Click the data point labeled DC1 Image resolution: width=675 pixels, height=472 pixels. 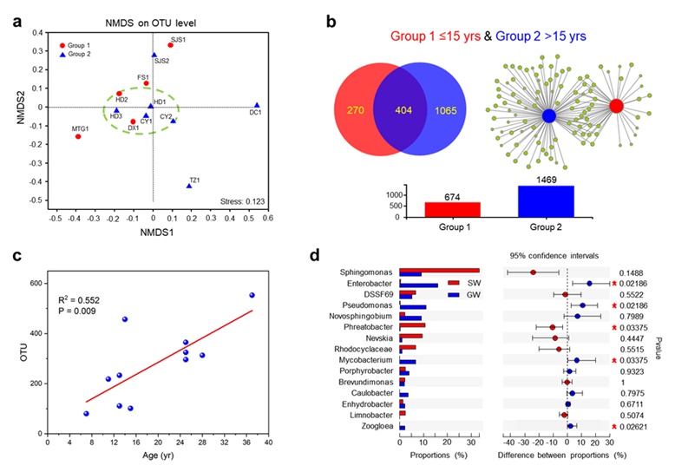pos(257,105)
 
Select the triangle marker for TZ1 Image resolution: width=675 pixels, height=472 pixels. pos(189,186)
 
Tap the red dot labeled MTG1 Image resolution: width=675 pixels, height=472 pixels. pos(78,136)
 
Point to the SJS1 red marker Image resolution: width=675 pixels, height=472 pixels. pos(171,45)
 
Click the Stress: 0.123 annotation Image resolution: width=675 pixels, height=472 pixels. pos(242,200)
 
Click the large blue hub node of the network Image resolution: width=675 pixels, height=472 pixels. pos(548,115)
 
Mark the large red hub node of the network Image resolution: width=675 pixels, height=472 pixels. pos(616,106)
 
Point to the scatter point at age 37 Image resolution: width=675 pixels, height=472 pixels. pos(252,295)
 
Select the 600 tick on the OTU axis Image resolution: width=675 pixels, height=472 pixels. pos(37,284)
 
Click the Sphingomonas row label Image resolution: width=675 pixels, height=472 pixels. pos(365,272)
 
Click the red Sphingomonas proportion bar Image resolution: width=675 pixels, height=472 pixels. pos(438,270)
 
